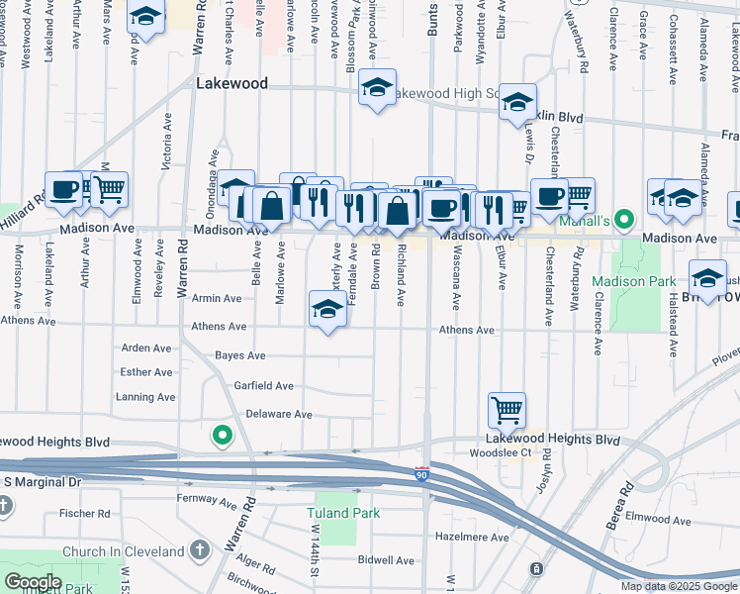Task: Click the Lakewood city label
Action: click(x=231, y=84)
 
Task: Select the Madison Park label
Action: click(x=633, y=282)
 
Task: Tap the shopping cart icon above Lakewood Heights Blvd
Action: click(x=507, y=409)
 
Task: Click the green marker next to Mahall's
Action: click(x=624, y=219)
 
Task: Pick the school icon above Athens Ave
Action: click(x=328, y=308)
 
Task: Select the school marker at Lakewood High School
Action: click(x=377, y=87)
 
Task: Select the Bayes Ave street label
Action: click(x=241, y=355)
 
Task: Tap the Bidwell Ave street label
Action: click(x=386, y=560)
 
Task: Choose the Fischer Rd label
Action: click(x=84, y=514)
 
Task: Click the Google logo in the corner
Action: click(x=33, y=582)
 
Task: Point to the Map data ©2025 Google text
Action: click(x=680, y=586)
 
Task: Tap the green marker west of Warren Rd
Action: click(x=223, y=435)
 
